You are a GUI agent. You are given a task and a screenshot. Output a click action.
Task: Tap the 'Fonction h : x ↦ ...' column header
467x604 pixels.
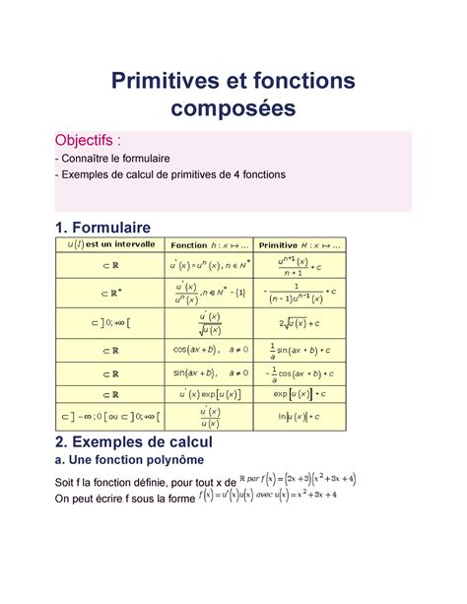[208, 244]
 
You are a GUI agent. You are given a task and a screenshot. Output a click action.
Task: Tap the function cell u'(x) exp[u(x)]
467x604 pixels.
[208, 394]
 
